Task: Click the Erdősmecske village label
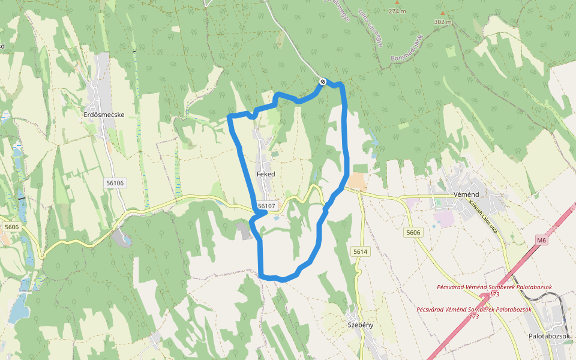pyautogui.click(x=104, y=114)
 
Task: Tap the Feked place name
pyautogui.click(x=265, y=174)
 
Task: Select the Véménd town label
pyautogui.click(x=466, y=195)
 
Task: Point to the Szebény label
pyautogui.click(x=361, y=325)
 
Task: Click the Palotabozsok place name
pyautogui.click(x=549, y=336)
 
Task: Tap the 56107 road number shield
pyautogui.click(x=266, y=206)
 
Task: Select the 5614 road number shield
pyautogui.click(x=360, y=252)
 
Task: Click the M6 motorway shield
pyautogui.click(x=542, y=241)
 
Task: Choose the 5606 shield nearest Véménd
pyautogui.click(x=413, y=232)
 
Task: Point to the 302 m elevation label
pyautogui.click(x=443, y=22)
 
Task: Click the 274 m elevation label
pyautogui.click(x=397, y=11)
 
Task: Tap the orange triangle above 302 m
pyautogui.click(x=443, y=13)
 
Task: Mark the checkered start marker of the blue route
pyautogui.click(x=323, y=82)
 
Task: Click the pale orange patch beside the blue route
pyautogui.click(x=357, y=182)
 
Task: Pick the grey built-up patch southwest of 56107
pyautogui.click(x=244, y=230)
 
